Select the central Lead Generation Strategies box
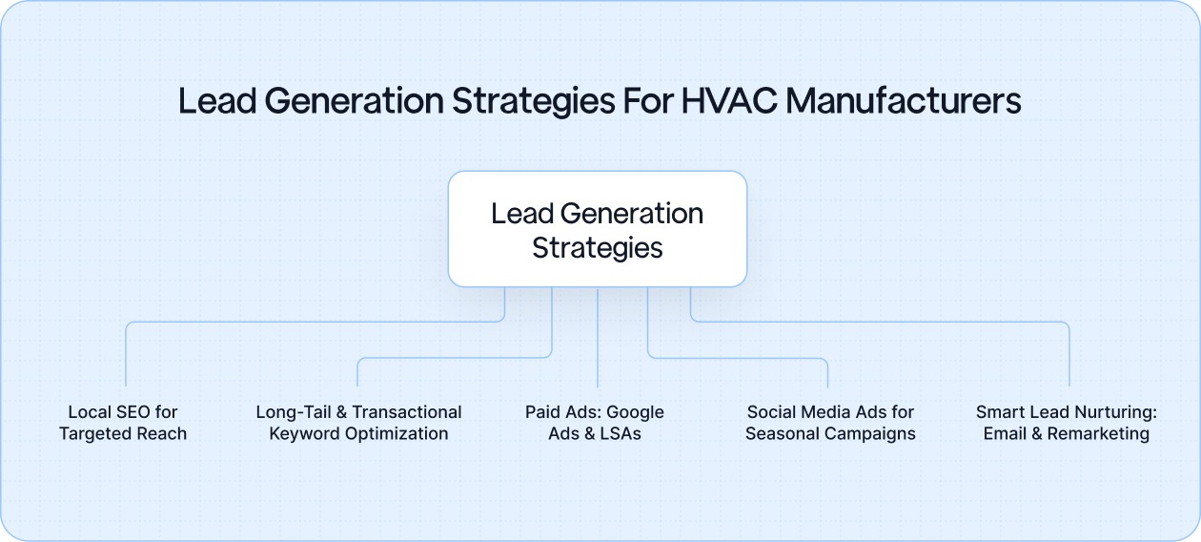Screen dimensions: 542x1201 click(x=598, y=229)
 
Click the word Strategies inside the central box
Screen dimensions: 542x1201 click(x=598, y=248)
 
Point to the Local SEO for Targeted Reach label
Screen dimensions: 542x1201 click(x=123, y=423)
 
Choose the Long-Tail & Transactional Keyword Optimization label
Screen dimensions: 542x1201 click(x=358, y=423)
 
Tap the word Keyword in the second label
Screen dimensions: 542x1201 click(x=301, y=434)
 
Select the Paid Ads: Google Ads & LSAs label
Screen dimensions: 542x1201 click(x=595, y=423)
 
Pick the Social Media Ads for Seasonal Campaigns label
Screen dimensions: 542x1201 click(x=830, y=423)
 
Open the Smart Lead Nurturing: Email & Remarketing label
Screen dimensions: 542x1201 click(x=1066, y=423)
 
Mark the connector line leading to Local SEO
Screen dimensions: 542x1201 click(x=126, y=353)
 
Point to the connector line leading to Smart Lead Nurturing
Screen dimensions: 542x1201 click(x=1069, y=353)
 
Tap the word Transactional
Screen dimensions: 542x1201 click(x=408, y=412)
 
